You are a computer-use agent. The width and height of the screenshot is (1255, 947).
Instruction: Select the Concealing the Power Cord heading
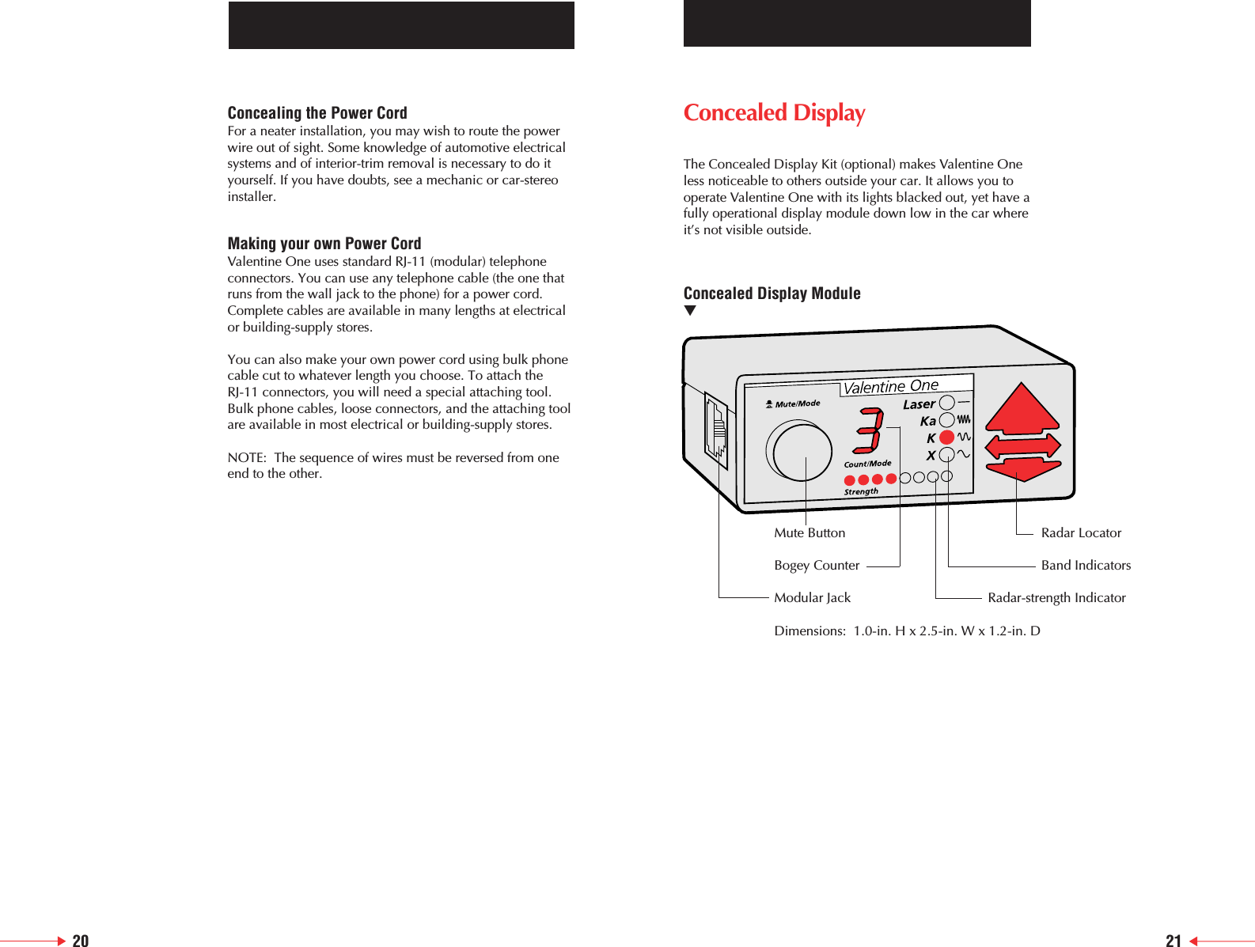[317, 112]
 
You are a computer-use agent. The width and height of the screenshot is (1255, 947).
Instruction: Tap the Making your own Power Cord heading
[324, 243]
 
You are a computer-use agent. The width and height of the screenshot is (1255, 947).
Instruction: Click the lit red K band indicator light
[946, 437]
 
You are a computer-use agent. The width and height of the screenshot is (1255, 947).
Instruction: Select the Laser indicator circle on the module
[946, 403]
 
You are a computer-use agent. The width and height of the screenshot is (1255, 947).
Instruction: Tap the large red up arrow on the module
[1022, 410]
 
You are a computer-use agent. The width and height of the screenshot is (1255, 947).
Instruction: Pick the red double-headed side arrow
[1022, 446]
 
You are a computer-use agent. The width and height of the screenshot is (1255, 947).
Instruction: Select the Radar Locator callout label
[1080, 533]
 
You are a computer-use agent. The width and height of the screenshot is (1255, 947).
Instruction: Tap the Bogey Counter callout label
[816, 566]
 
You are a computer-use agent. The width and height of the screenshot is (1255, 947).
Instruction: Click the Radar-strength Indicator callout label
[1056, 598]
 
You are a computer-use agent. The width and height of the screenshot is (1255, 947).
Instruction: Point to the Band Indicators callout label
[1085, 566]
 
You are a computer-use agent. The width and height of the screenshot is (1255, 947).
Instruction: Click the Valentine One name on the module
[890, 387]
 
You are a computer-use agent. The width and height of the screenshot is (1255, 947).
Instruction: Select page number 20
[80, 940]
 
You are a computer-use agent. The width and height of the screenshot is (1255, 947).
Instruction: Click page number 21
[1173, 940]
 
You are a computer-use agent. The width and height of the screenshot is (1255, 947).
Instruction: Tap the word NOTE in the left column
[246, 458]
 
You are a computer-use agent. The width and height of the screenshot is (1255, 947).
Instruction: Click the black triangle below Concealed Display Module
[690, 311]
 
